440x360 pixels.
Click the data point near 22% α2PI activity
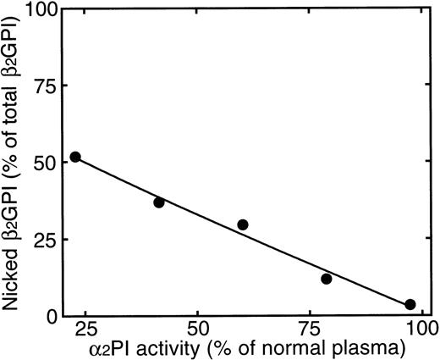click(x=75, y=157)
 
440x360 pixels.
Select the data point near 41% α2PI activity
click(x=159, y=202)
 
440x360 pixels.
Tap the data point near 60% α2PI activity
click(x=243, y=224)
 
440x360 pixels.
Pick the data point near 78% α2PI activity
click(x=327, y=279)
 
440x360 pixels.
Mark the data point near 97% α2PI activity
click(x=410, y=304)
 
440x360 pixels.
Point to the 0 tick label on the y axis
click(x=52, y=316)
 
